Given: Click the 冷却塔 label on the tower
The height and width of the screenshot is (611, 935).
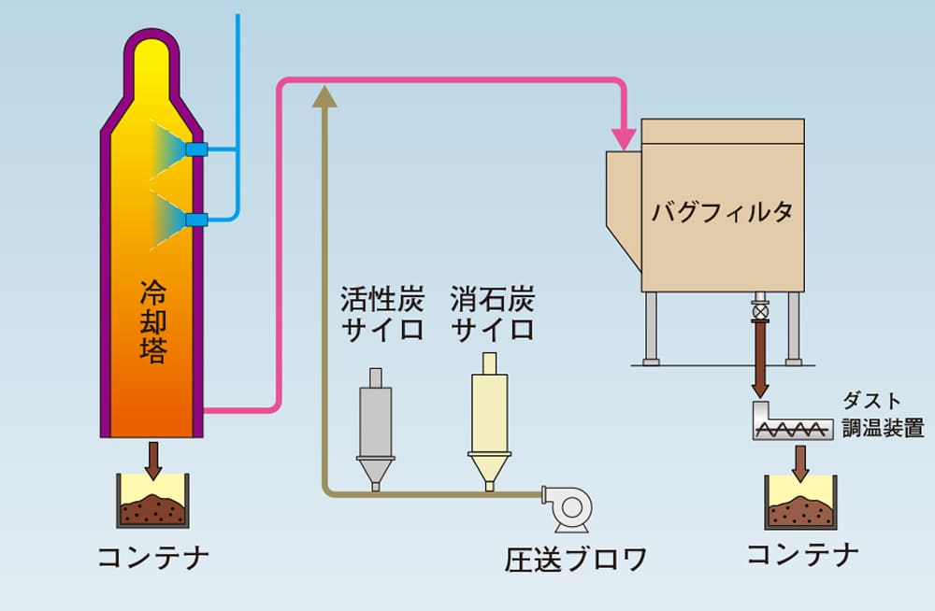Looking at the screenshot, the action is coord(153,321).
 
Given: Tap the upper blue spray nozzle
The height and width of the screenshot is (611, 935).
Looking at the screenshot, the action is coord(196,149).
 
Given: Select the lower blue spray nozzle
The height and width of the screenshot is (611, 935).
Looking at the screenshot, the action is coord(196,220).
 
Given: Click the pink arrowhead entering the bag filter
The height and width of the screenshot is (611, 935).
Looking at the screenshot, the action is coord(624,139).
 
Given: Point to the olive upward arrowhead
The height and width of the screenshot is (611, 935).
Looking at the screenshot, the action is coord(324,96).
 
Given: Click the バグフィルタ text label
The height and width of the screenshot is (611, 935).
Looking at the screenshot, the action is coord(722,212).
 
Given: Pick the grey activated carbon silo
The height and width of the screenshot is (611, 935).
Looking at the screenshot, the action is coord(376,429).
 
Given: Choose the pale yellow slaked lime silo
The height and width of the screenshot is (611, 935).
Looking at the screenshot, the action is coord(490,421).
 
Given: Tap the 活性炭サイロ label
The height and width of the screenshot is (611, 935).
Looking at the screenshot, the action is coord(382,314).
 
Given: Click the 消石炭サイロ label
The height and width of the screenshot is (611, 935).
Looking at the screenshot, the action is coord(492,314).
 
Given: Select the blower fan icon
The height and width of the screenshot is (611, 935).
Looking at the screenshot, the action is coord(568,508).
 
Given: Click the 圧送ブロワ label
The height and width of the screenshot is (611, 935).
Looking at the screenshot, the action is coord(575,560).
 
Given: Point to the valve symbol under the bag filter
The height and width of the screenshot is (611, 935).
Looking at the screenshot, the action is coord(759,311).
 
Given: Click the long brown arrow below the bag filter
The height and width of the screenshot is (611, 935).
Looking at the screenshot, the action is coord(759,359).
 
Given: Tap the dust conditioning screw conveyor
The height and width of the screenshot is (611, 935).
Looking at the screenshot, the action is coord(793,422).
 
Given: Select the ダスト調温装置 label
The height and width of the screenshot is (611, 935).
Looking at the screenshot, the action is coord(884,414).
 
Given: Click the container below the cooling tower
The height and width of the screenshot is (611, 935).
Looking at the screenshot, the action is coord(153,501).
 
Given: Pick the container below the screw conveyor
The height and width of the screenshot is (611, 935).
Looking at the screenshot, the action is coord(801,502).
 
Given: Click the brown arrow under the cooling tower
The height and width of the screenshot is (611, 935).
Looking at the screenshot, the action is coord(153,461).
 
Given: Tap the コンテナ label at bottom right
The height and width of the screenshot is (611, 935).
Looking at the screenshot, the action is coord(802,554).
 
